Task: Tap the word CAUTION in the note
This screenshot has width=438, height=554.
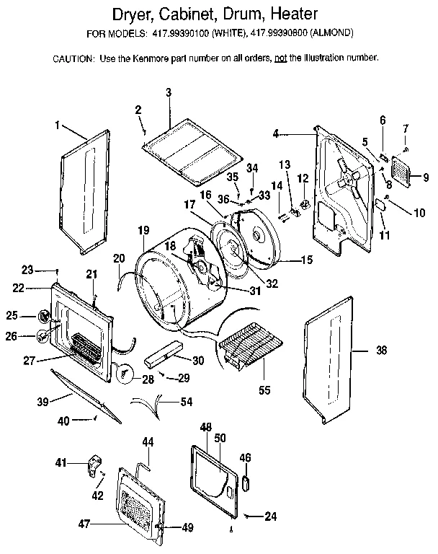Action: click(72, 58)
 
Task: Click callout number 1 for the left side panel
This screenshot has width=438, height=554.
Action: click(57, 125)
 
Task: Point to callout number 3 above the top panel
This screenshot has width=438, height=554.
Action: click(168, 92)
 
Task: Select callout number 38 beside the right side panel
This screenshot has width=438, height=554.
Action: click(381, 351)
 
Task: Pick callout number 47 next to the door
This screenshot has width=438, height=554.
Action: click(84, 524)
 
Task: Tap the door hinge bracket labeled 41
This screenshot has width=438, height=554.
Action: click(93, 465)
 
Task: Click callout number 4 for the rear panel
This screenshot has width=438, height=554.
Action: click(276, 133)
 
